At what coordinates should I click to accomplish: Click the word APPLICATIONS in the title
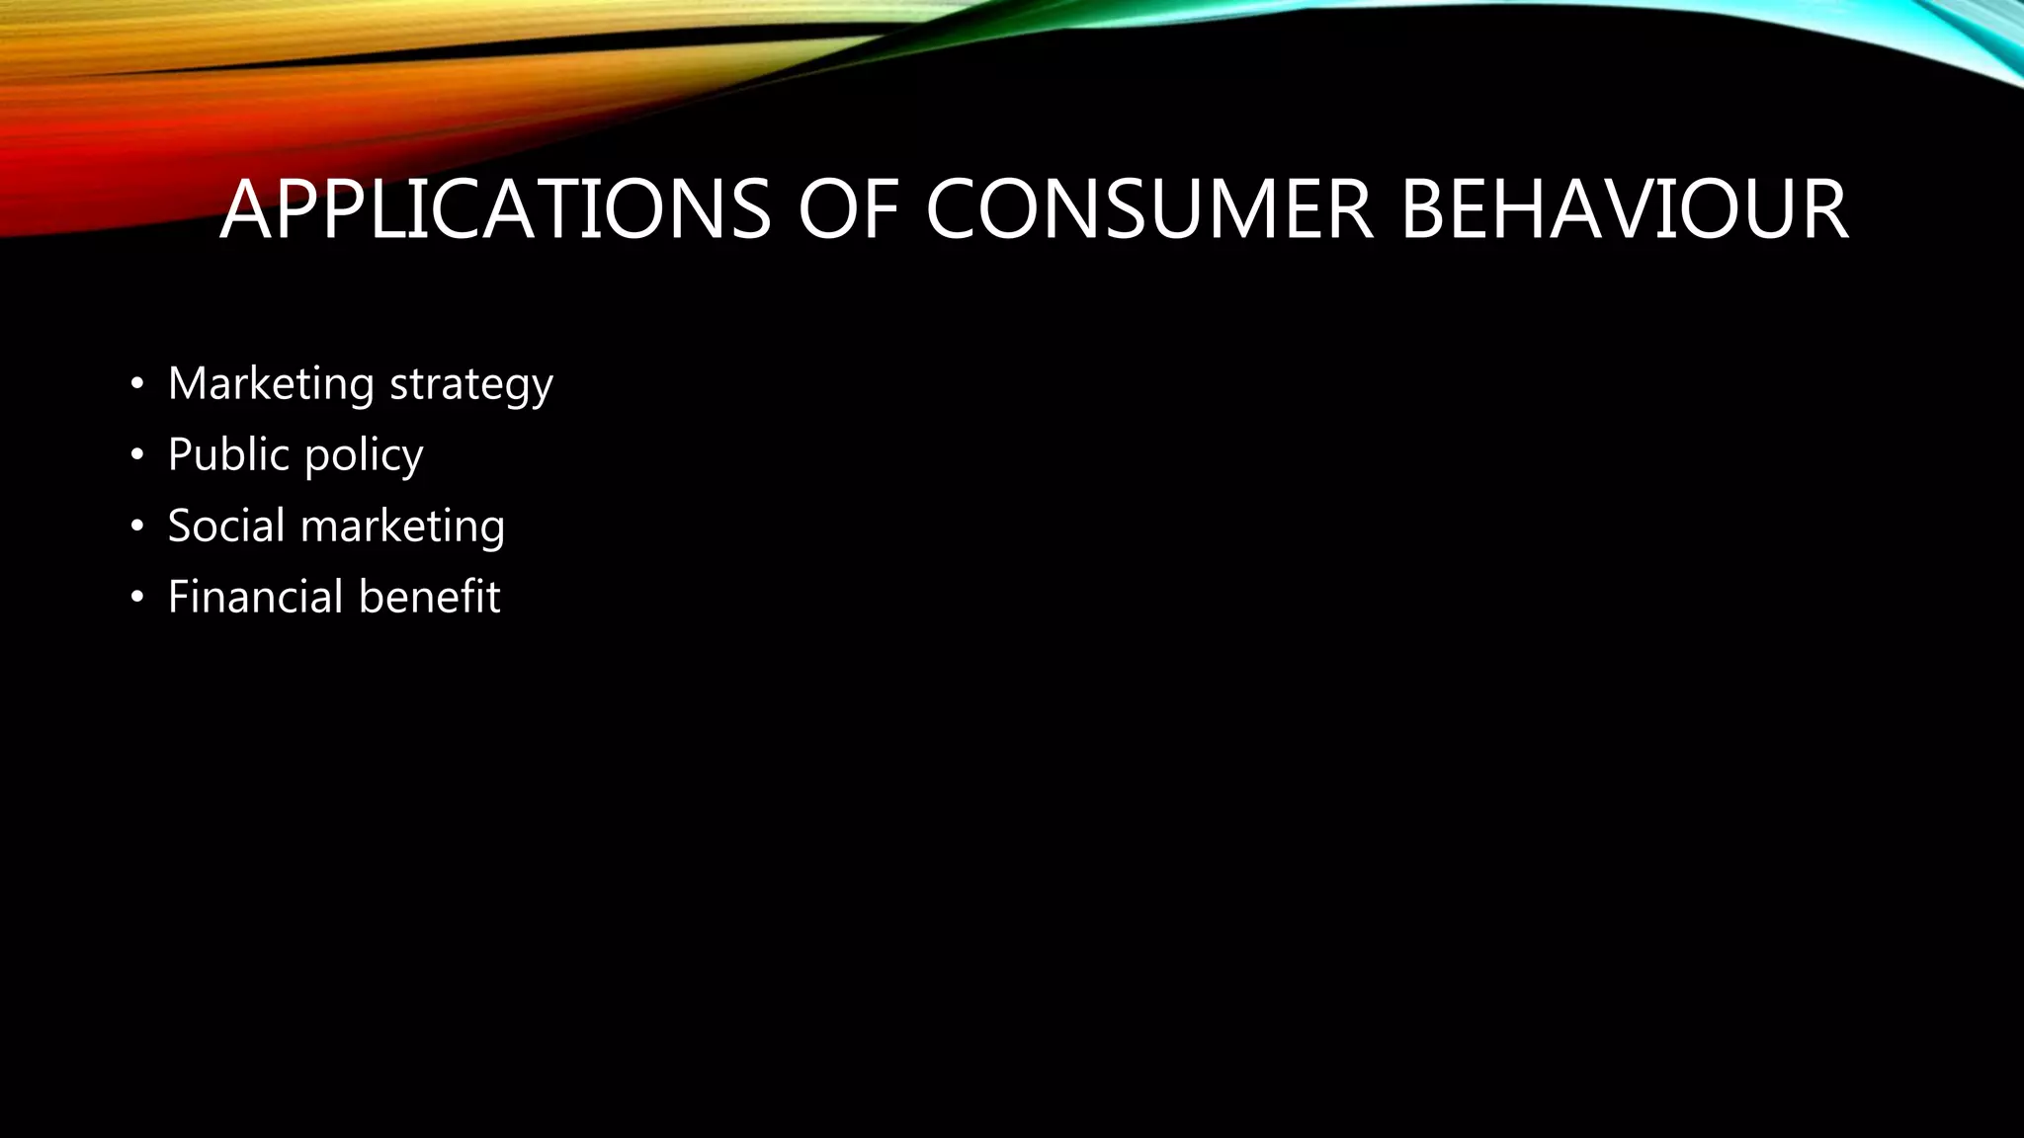[494, 209]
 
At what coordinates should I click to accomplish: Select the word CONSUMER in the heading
[1148, 209]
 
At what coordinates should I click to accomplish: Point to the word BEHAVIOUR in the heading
[1624, 209]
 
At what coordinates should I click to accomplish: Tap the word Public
[228, 455]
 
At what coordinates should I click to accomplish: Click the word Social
[226, 526]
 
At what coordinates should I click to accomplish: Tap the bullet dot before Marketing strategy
[137, 384]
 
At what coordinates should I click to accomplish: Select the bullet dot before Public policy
[137, 455]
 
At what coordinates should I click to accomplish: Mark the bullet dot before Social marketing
[137, 527]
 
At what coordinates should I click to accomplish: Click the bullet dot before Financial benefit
[137, 598]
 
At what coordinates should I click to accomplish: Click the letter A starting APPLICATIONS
[245, 209]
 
